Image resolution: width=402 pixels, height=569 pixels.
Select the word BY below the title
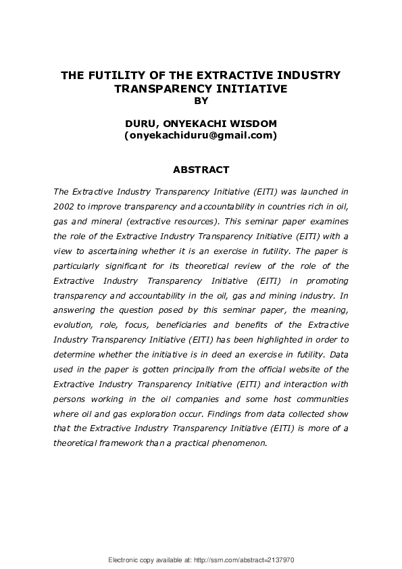pos(201,101)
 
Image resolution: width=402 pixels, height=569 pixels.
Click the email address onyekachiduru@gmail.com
pos(201,136)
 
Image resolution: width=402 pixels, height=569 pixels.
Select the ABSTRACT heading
pos(201,170)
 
